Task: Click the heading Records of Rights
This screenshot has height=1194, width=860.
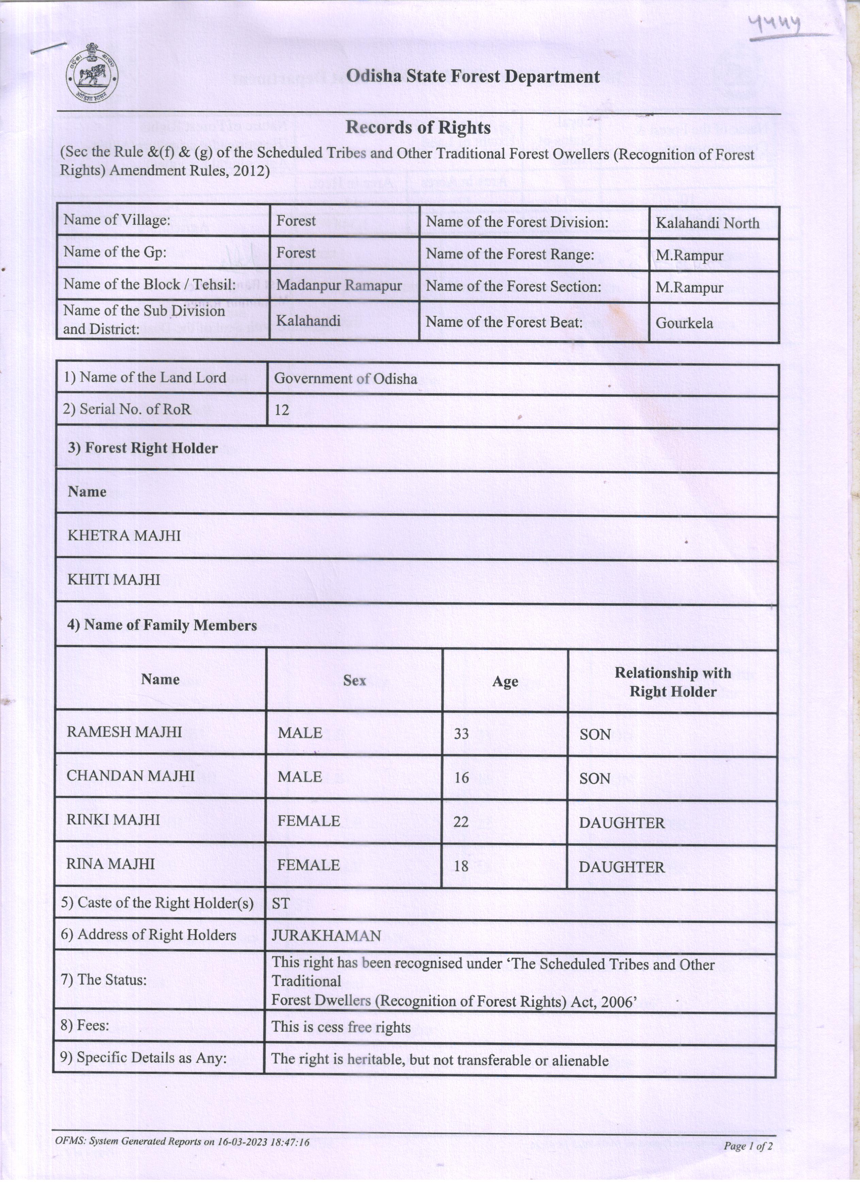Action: pos(418,127)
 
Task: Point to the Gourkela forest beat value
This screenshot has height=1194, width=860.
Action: pos(684,323)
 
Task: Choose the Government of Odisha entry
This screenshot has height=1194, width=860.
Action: pos(346,379)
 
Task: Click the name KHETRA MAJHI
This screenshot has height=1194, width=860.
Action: pos(124,536)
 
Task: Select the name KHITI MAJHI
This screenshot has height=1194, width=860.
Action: pos(114,579)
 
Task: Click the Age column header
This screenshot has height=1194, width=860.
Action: pos(505,681)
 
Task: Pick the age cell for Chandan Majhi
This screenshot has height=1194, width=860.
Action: pos(461,778)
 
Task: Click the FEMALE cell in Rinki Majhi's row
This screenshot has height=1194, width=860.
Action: pos(309,821)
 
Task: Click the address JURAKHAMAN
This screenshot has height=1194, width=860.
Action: pos(326,936)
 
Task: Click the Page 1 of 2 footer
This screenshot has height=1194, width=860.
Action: pos(747,1146)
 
